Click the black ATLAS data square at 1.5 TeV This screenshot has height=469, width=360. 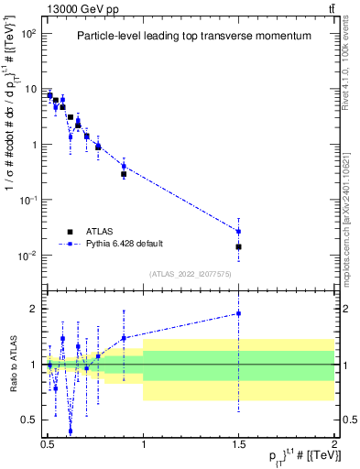[238, 246]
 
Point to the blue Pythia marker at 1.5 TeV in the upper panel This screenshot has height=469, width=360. [238, 231]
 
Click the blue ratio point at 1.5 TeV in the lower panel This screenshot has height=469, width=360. [238, 313]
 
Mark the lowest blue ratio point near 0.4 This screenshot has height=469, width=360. [71, 431]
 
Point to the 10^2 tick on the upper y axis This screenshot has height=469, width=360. [29, 33]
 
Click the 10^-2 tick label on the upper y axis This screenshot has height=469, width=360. [29, 256]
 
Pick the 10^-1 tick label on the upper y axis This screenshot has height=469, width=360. [29, 200]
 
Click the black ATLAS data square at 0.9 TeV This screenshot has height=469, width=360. [124, 174]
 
